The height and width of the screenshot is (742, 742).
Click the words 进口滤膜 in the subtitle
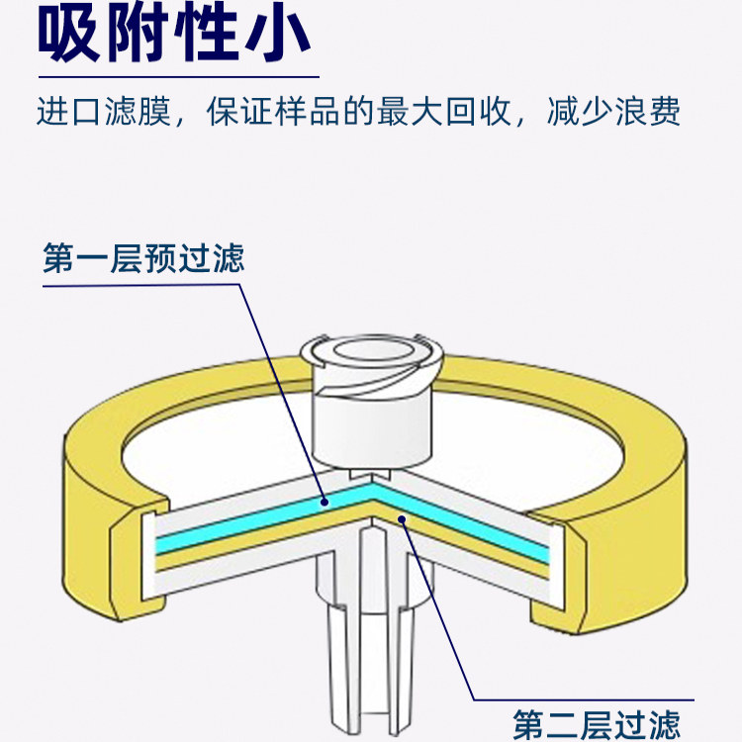[103, 112]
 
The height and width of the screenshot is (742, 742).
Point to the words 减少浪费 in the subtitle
[613, 112]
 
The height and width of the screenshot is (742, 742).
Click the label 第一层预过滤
[143, 260]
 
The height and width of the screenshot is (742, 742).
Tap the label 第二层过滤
[596, 723]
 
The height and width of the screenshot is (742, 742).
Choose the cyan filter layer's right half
[475, 525]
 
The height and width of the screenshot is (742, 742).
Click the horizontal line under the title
[178, 76]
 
